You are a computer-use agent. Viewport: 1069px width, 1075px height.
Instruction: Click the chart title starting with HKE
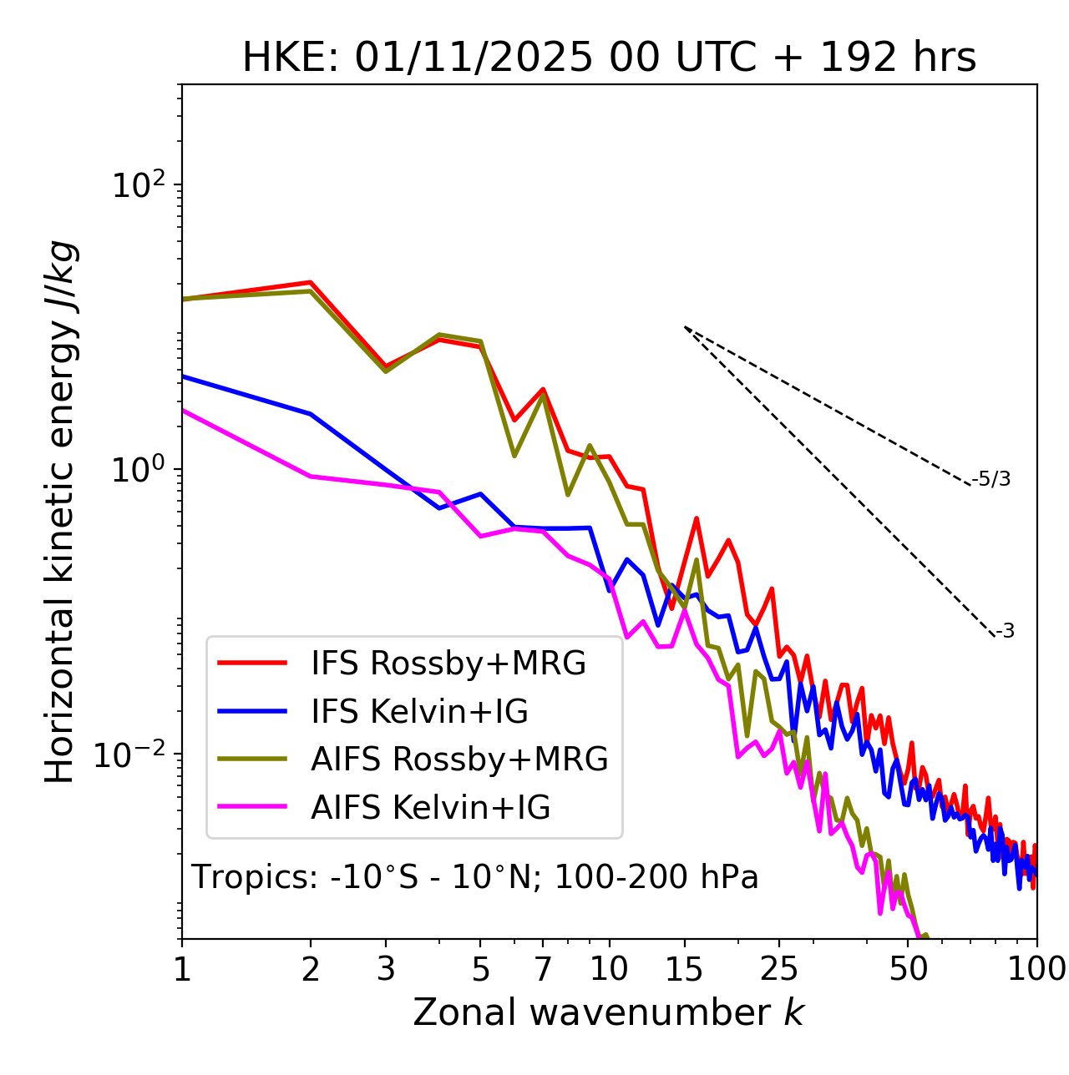click(x=609, y=58)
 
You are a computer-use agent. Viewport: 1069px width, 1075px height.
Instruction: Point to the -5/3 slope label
click(x=991, y=479)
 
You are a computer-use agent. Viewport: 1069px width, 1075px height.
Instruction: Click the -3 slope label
click(x=1005, y=631)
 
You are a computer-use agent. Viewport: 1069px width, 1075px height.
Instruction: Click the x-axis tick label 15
click(x=684, y=969)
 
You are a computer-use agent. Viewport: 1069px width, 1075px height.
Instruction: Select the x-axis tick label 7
click(x=543, y=969)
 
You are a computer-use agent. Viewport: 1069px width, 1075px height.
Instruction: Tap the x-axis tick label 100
click(x=1036, y=969)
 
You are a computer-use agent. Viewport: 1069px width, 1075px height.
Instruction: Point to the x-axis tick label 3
click(x=386, y=969)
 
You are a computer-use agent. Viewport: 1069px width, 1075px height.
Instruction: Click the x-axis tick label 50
click(x=908, y=969)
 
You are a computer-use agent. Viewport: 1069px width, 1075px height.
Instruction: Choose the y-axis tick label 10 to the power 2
click(x=139, y=185)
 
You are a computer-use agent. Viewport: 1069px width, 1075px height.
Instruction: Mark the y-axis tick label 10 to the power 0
click(x=139, y=470)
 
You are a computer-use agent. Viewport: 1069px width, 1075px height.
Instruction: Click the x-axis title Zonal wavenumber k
click(x=608, y=1012)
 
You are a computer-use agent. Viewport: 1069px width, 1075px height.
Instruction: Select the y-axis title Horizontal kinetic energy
click(x=60, y=512)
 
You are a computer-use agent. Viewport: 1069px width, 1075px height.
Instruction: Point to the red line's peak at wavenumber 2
click(x=311, y=282)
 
